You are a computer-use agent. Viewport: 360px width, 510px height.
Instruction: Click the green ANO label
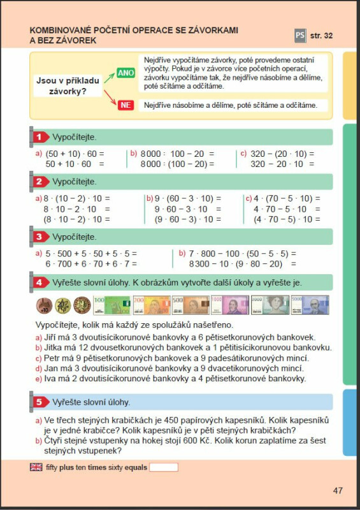click(126, 73)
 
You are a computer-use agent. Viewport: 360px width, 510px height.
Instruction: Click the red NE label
click(126, 105)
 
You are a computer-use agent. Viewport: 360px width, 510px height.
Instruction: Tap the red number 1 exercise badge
click(40, 137)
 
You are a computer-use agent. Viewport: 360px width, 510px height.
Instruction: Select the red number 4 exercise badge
click(40, 282)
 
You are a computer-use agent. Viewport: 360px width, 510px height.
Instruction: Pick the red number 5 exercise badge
click(40, 402)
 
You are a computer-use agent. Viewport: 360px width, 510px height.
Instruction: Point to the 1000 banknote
click(229, 305)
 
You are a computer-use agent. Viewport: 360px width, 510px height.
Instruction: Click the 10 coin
click(43, 306)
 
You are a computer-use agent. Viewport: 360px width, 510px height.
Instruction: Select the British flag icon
click(36, 467)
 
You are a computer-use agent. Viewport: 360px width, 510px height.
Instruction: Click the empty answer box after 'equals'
click(163, 467)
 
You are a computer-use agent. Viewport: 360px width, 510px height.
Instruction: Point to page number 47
click(337, 490)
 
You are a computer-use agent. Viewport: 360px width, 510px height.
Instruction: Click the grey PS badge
click(300, 36)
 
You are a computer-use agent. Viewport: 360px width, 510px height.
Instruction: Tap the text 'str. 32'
click(322, 36)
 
